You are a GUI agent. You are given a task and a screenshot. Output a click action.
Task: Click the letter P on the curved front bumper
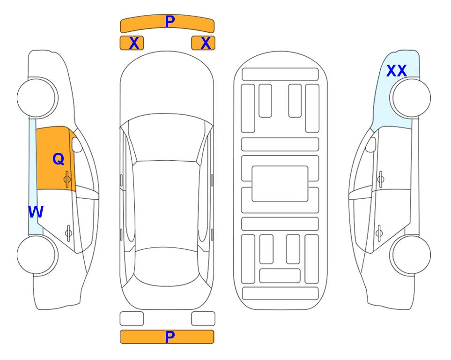click(x=170, y=21)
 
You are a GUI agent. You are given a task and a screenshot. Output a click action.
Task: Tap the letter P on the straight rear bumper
click(x=170, y=337)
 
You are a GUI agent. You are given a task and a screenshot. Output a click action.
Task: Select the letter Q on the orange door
click(x=59, y=159)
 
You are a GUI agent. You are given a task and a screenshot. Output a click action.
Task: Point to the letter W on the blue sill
click(x=36, y=212)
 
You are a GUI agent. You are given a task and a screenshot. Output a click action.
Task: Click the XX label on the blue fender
click(x=397, y=71)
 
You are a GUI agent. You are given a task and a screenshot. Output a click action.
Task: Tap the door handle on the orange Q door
click(x=67, y=179)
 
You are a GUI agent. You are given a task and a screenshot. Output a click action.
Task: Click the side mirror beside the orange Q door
click(x=76, y=144)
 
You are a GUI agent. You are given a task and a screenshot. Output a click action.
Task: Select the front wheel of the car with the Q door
click(x=37, y=98)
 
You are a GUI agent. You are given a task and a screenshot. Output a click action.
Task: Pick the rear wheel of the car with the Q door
click(x=37, y=255)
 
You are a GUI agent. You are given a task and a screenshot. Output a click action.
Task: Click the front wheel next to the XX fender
click(x=410, y=98)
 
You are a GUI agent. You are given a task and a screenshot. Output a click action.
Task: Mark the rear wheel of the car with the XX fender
click(x=410, y=255)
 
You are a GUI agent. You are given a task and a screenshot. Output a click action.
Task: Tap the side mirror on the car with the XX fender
click(x=371, y=144)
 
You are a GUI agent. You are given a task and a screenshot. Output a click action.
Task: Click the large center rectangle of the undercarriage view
click(x=280, y=184)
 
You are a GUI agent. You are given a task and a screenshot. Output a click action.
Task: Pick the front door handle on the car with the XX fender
click(x=381, y=179)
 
